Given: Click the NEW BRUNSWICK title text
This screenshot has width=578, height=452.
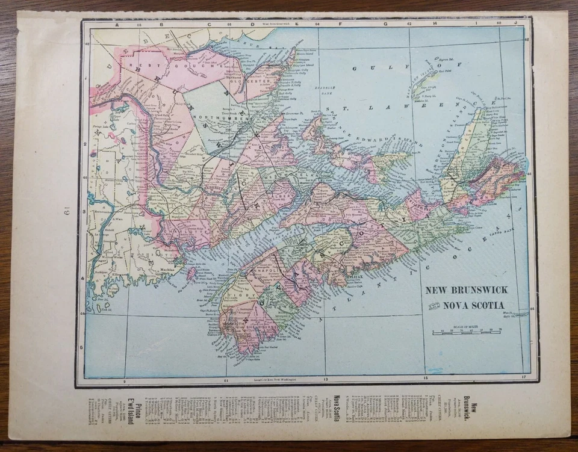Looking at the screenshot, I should pos(465,289).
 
